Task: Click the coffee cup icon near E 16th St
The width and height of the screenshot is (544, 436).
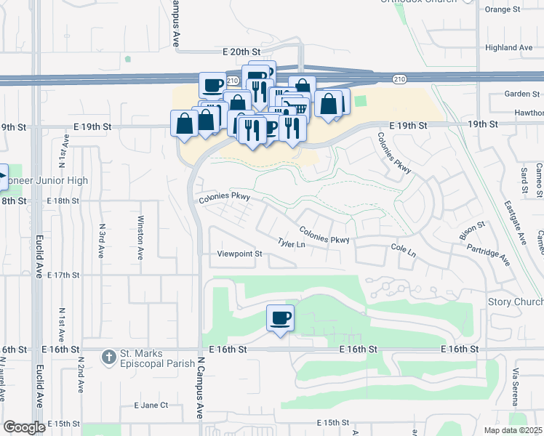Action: pyautogui.click(x=280, y=318)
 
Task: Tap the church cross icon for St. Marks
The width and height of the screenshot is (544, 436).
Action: pyautogui.click(x=108, y=357)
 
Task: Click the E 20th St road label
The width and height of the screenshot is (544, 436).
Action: pyautogui.click(x=241, y=52)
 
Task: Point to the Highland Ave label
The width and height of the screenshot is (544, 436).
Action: pyautogui.click(x=509, y=48)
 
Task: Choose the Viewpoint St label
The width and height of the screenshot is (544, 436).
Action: pyautogui.click(x=239, y=254)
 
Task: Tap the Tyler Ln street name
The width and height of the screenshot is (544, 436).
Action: pyautogui.click(x=291, y=244)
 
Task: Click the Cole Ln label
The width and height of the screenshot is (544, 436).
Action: pyautogui.click(x=403, y=251)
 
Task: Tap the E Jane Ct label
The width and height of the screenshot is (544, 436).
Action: pyautogui.click(x=151, y=405)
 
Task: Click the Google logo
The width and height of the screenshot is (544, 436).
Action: pyautogui.click(x=24, y=427)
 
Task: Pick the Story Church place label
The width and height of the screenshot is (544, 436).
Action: pyautogui.click(x=516, y=302)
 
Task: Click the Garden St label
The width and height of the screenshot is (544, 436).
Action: pyautogui.click(x=517, y=94)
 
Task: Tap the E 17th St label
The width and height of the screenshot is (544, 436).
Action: pyautogui.click(x=63, y=275)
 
